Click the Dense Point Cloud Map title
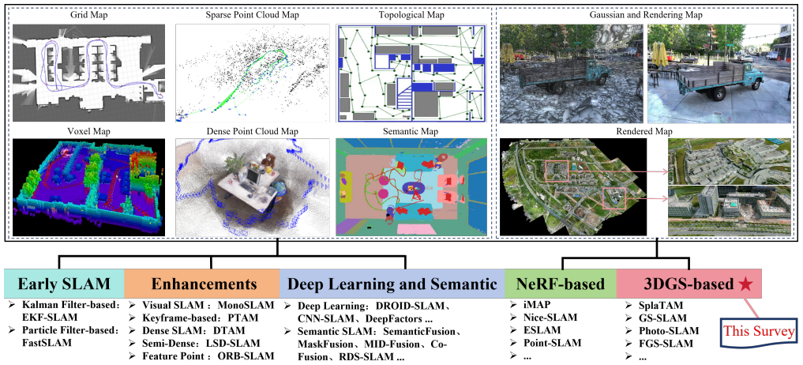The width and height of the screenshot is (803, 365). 251,130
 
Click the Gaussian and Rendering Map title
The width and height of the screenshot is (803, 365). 647,15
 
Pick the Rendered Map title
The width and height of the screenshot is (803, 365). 647,130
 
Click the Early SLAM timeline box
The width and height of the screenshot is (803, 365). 63,284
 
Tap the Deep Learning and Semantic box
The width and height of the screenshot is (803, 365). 392,284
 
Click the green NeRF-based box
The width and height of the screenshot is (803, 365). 561,284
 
